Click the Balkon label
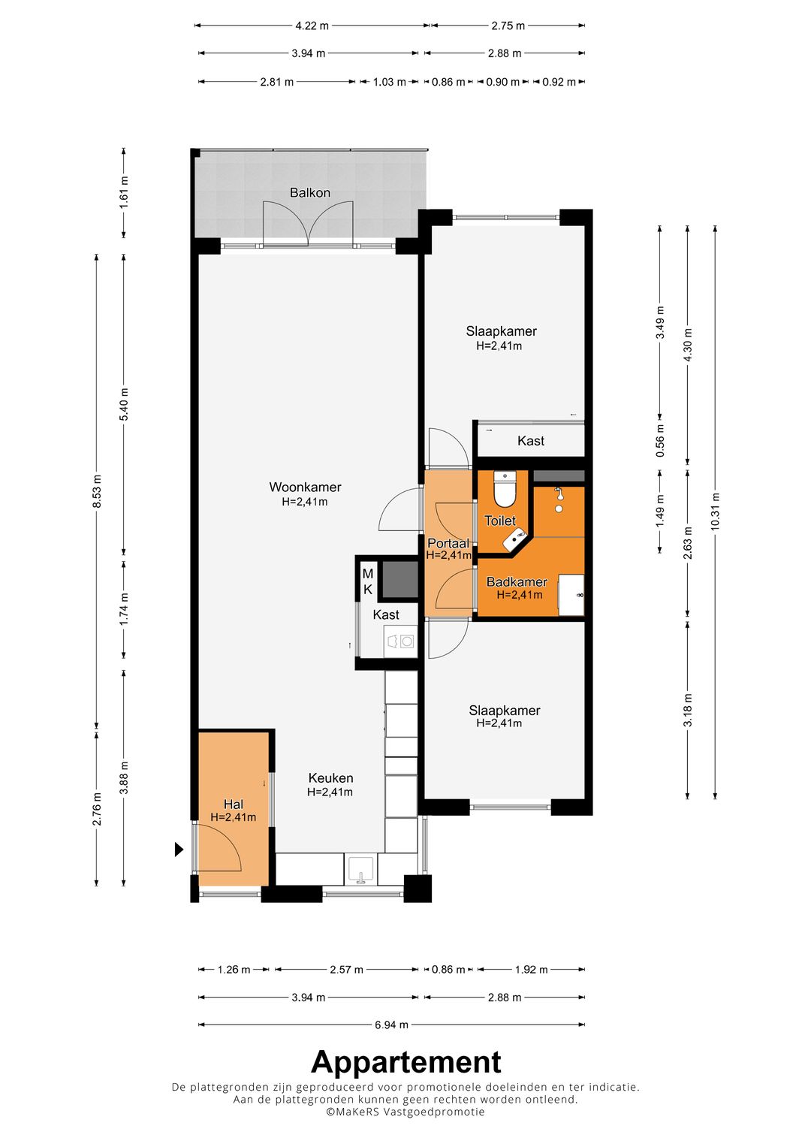pyautogui.click(x=309, y=192)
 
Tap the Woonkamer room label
pyautogui.click(x=305, y=487)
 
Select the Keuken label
pyautogui.click(x=330, y=777)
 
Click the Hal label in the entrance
pyautogui.click(x=234, y=804)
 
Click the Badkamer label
pyautogui.click(x=517, y=581)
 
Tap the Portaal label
pyautogui.click(x=448, y=543)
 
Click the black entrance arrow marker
pyautogui.click(x=179, y=849)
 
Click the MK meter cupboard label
pyautogui.click(x=368, y=581)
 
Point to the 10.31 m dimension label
pyautogui.click(x=715, y=511)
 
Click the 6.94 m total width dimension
pyautogui.click(x=391, y=1025)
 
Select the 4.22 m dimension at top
pyautogui.click(x=312, y=26)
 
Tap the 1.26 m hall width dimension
pyautogui.click(x=234, y=969)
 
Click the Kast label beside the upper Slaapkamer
pyautogui.click(x=531, y=440)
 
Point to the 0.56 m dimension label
pyautogui.click(x=661, y=441)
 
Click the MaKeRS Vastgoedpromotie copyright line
pyautogui.click(x=405, y=1111)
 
